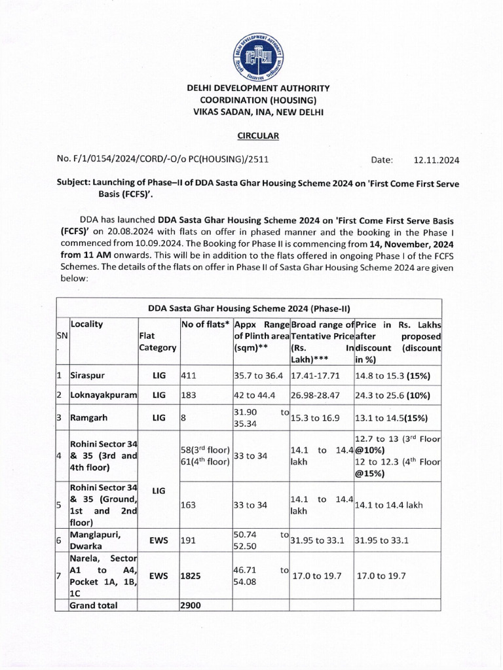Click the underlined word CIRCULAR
[257, 135]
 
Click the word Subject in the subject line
[75, 185]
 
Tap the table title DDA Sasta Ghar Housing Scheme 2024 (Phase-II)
[249, 308]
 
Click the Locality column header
[86, 324]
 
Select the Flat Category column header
[157, 342]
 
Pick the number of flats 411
[188, 376]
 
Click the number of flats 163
[189, 505]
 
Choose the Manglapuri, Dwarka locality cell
[98, 540]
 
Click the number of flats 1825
[191, 576]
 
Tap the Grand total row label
[94, 605]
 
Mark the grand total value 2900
[191, 605]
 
